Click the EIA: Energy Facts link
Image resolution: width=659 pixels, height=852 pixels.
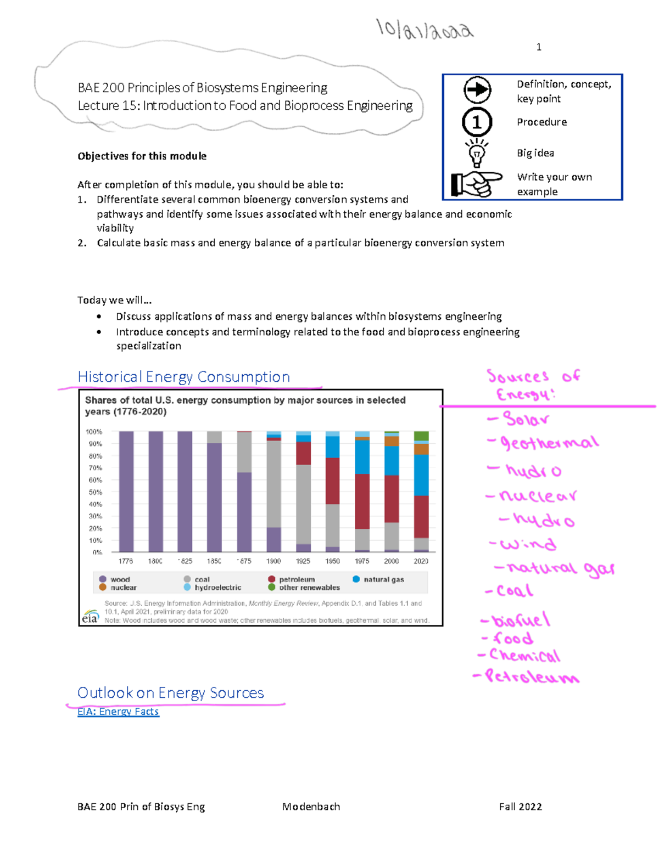[118, 712]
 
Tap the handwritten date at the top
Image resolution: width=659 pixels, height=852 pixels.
[424, 30]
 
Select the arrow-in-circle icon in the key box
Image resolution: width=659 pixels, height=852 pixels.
[477, 90]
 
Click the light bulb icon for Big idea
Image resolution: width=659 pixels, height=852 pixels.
[477, 153]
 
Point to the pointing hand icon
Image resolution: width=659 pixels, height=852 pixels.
[476, 184]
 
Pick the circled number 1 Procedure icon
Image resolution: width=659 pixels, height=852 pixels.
[477, 122]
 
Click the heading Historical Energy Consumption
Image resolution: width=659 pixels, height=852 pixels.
[183, 377]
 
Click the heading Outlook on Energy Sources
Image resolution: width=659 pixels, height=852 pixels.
[170, 692]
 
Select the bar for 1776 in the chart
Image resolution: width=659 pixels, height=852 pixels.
[126, 491]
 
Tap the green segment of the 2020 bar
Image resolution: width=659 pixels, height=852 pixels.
[421, 436]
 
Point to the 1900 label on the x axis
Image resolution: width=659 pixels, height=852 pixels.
[273, 561]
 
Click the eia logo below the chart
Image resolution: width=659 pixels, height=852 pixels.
[91, 617]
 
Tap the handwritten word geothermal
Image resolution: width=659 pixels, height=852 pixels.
[548, 443]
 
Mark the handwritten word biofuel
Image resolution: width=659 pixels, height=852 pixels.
[520, 620]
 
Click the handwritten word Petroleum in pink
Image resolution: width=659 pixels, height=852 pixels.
[530, 677]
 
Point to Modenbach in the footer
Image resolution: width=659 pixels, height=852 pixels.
[311, 806]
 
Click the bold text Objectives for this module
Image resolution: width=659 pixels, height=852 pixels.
[142, 156]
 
